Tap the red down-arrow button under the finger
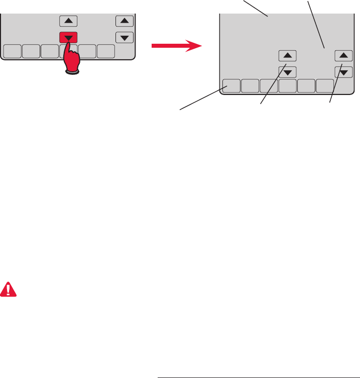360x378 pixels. pyautogui.click(x=69, y=38)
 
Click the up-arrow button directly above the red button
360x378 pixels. pyautogui.click(x=69, y=21)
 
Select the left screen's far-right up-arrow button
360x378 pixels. pyautogui.click(x=124, y=21)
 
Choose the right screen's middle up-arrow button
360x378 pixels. pyautogui.click(x=287, y=56)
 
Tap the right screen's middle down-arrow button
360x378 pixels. pyautogui.click(x=287, y=72)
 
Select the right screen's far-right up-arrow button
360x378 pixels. pyautogui.click(x=343, y=56)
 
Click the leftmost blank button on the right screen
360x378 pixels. pyautogui.click(x=231, y=86)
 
